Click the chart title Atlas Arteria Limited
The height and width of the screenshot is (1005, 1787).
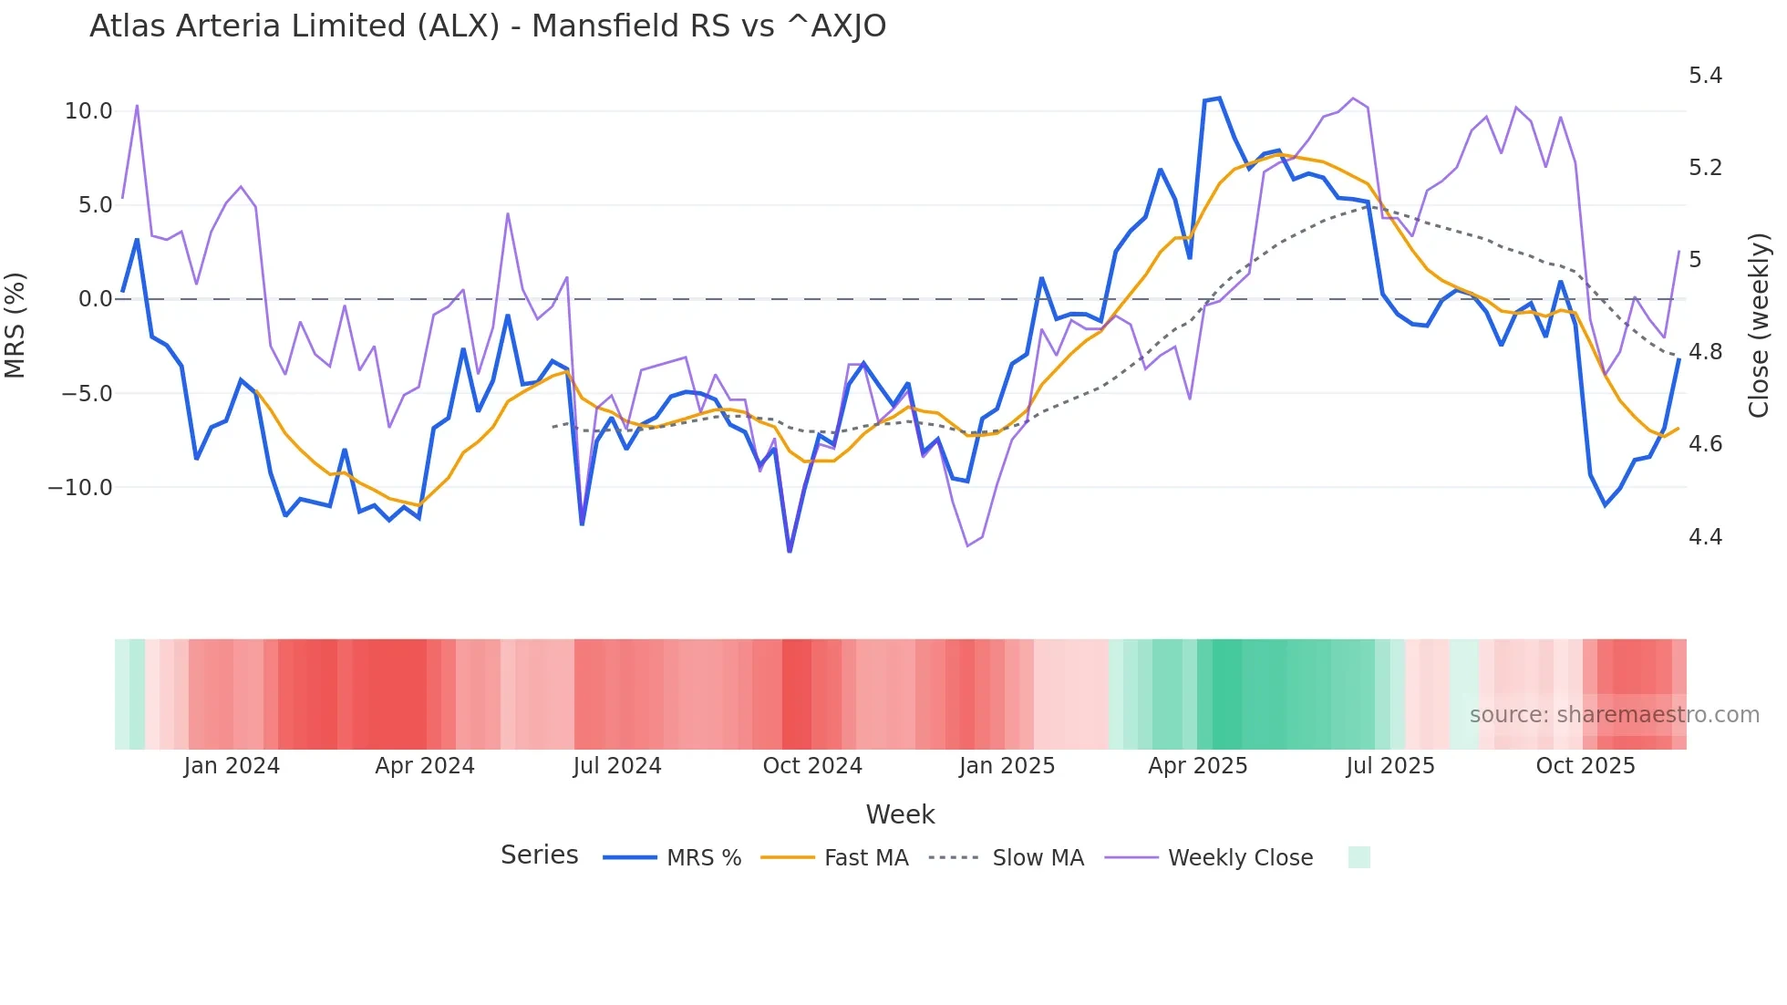click(487, 26)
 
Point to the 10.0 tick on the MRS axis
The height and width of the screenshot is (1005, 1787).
click(88, 111)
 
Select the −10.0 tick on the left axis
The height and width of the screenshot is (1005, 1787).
click(80, 488)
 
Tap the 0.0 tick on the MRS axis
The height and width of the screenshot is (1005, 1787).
click(95, 299)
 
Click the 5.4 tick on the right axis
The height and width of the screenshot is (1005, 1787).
click(1705, 76)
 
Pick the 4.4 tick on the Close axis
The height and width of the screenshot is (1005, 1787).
click(1705, 537)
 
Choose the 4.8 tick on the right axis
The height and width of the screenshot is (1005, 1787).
click(1705, 352)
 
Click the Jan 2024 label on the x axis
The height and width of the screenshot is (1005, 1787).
click(232, 766)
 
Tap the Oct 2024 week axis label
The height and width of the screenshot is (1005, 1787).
click(812, 766)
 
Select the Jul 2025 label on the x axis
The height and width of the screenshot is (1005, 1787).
click(1390, 766)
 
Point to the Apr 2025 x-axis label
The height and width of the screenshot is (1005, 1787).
click(1197, 766)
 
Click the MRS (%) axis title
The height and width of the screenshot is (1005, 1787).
click(15, 326)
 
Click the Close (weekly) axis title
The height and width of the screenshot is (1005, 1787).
click(1759, 326)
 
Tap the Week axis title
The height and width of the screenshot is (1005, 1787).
click(900, 814)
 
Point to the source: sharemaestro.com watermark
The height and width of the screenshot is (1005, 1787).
click(1614, 715)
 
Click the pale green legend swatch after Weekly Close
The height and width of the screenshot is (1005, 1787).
click(1358, 857)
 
